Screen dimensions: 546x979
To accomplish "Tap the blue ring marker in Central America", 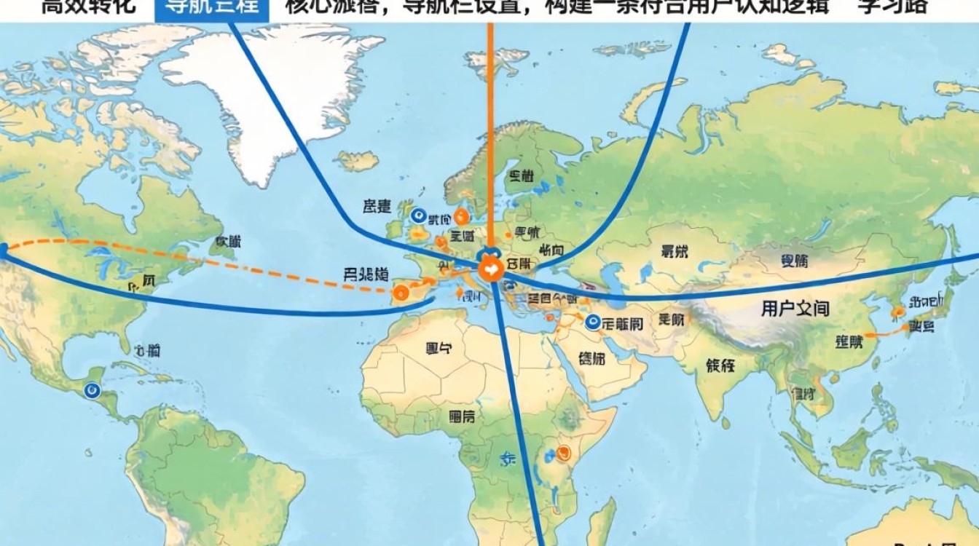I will (x=92, y=391).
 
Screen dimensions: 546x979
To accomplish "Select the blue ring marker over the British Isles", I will (x=418, y=215).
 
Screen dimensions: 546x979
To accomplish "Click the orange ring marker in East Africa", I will (x=562, y=453).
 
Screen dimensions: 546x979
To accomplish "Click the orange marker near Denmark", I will (x=460, y=216).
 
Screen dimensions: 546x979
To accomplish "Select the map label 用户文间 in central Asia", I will (x=795, y=309).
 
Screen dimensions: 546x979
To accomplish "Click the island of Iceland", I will (x=357, y=160).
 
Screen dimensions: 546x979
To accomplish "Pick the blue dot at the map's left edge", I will (x=3, y=250).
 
